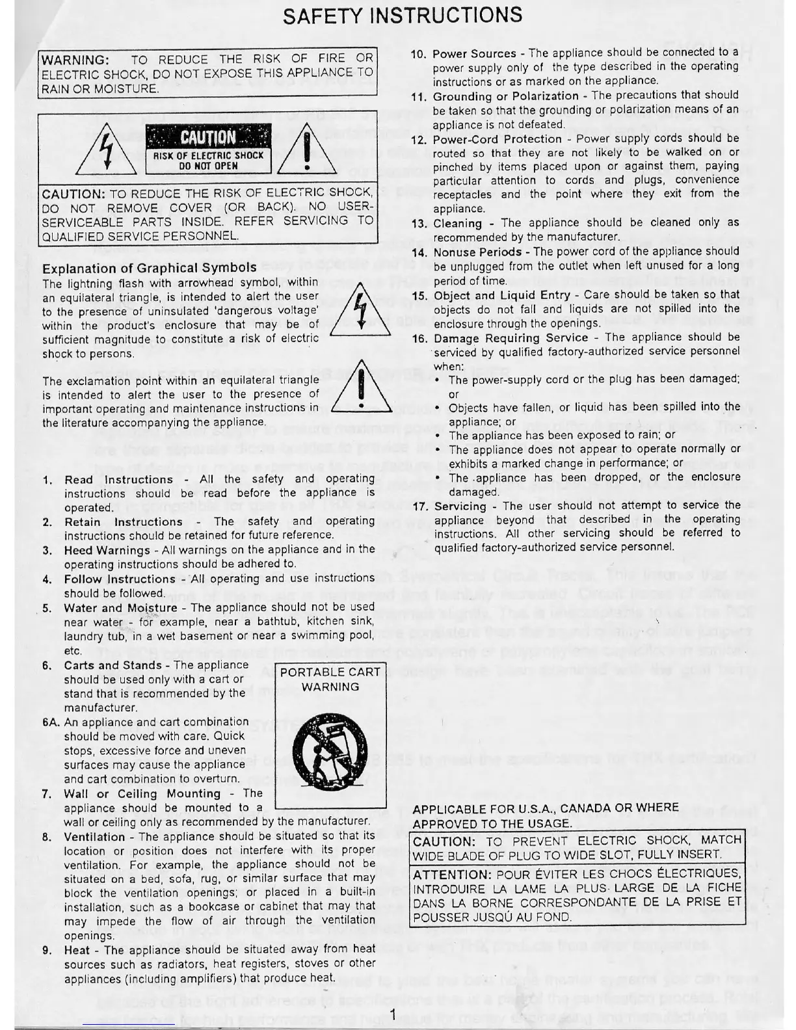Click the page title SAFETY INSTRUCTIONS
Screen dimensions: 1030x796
coord(403,15)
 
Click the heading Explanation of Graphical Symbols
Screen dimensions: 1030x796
coord(149,268)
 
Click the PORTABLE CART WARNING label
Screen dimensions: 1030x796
coord(330,680)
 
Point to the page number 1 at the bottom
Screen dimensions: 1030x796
coord(394,1014)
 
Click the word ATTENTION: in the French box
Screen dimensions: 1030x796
coord(451,875)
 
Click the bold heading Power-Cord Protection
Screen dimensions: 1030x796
coord(497,139)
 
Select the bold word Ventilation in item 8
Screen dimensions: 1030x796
coord(95,837)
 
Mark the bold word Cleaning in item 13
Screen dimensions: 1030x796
coord(457,224)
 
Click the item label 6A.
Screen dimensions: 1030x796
coord(51,722)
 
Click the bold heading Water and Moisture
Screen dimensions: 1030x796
coord(120,609)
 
